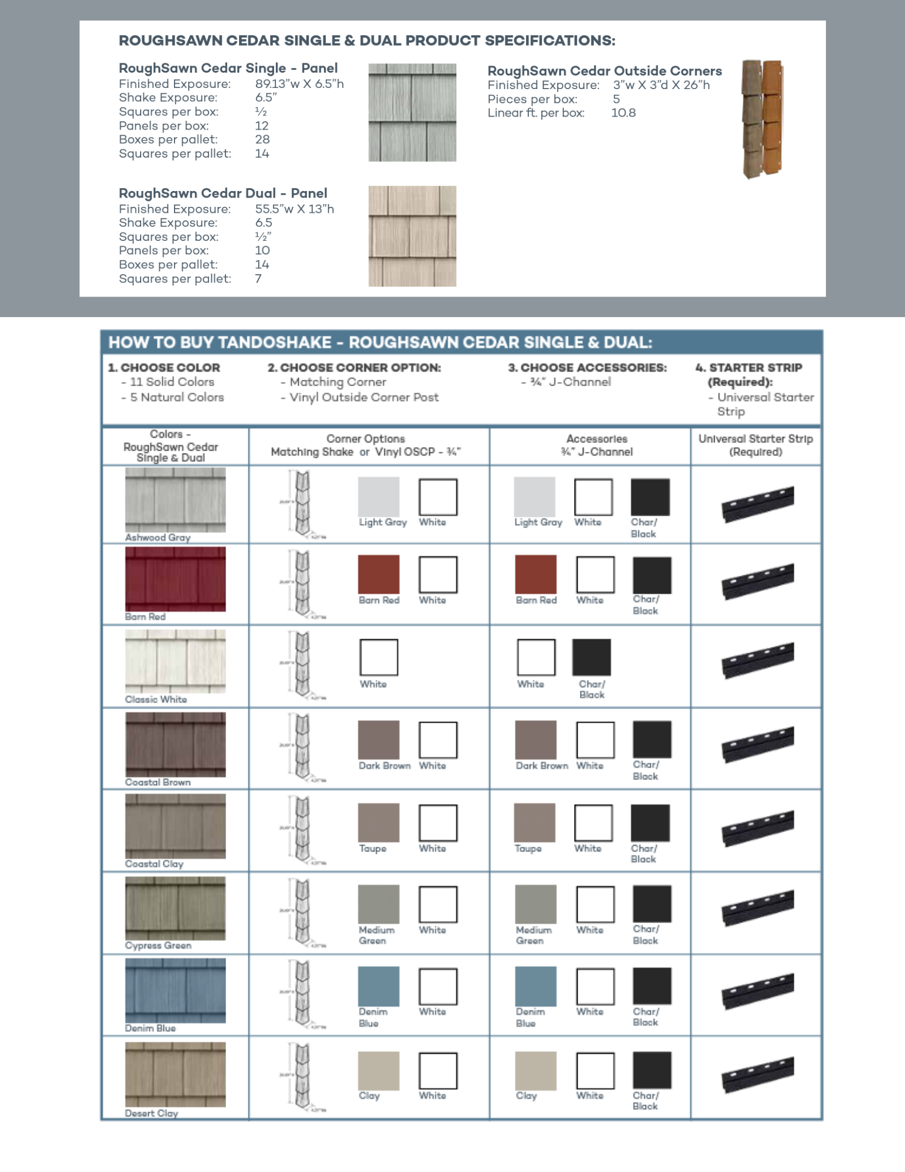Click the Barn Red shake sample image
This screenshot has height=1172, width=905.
[175, 579]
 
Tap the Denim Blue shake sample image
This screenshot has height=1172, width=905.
[175, 990]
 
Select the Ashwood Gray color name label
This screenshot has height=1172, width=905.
[158, 537]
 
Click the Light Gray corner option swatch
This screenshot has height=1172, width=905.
[378, 497]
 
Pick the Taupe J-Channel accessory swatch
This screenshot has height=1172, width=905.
[534, 823]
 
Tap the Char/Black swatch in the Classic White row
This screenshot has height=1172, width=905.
[591, 657]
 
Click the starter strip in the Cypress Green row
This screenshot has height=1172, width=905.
[757, 908]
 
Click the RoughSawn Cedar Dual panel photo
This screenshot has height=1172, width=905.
[412, 236]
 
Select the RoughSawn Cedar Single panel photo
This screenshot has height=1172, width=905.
[412, 113]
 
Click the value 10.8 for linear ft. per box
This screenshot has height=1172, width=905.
[623, 113]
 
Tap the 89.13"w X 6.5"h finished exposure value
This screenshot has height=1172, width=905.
[299, 84]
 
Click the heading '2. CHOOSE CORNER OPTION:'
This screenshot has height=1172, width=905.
[354, 367]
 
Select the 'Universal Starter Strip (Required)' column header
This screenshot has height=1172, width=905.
[756, 445]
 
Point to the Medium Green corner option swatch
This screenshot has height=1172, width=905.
[378, 904]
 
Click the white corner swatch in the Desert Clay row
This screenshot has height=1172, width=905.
[438, 1071]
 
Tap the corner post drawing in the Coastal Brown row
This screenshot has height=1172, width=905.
[302, 747]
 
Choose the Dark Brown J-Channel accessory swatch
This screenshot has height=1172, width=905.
[535, 740]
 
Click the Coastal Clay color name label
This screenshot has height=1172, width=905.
[154, 864]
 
